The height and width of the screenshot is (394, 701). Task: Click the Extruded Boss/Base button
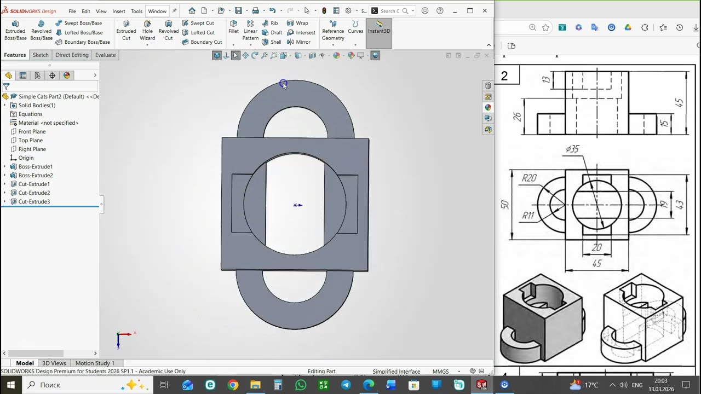(x=15, y=31)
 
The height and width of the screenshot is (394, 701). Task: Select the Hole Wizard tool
(x=147, y=31)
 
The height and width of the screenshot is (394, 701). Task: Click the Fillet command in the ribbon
(x=234, y=27)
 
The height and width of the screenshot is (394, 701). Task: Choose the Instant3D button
(x=379, y=27)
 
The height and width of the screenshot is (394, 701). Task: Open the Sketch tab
(x=41, y=55)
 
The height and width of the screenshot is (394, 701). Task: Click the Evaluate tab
(x=105, y=55)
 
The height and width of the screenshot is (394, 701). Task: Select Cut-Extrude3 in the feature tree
(x=33, y=201)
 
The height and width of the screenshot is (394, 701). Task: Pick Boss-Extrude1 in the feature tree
(x=35, y=166)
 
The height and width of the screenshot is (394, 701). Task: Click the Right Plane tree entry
(x=32, y=149)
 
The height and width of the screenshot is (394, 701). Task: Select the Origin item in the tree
(x=26, y=158)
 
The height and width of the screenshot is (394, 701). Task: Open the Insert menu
(x=119, y=11)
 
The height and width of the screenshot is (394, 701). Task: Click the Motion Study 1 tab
(x=95, y=363)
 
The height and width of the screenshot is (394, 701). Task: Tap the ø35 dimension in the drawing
(x=572, y=149)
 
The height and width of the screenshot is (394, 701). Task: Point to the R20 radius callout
(x=529, y=178)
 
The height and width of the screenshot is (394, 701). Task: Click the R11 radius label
(x=527, y=216)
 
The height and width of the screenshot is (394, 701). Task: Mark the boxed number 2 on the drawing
(x=504, y=76)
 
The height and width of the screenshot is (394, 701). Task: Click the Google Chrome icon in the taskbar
(x=233, y=385)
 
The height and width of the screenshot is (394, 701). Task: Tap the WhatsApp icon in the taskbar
(x=301, y=385)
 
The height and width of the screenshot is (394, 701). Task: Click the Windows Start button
(x=10, y=385)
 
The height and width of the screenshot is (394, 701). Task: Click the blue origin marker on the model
(x=297, y=205)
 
